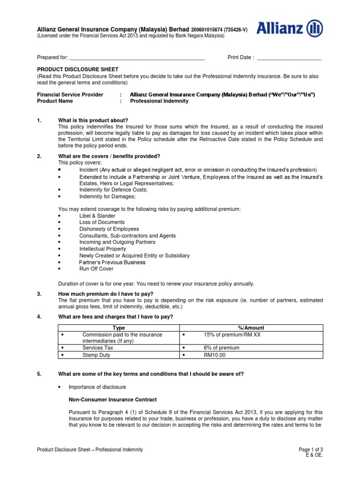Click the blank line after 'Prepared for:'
coord(137,58)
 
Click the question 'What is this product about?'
coord(93,120)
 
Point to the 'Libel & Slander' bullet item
coord(97,216)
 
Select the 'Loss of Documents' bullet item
coord(102,222)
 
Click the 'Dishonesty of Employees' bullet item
coord(109,229)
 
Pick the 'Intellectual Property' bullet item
coord(103,249)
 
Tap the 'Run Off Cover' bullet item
coord(96,269)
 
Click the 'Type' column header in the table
coord(120,328)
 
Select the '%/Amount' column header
coord(251,328)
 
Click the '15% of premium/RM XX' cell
coord(229,335)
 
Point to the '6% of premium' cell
coord(221,348)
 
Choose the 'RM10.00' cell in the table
coord(214,355)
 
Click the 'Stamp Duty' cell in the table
coord(96,355)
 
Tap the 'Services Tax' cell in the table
coord(97,348)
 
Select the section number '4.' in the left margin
coord(39,317)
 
